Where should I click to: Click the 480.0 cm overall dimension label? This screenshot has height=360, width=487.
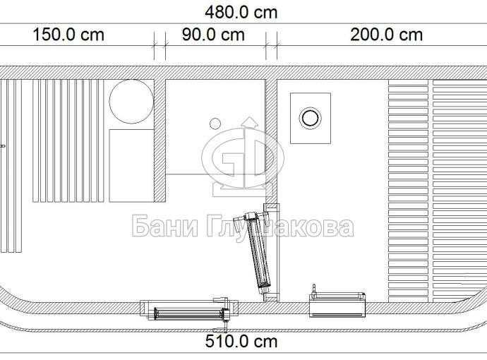click(241, 13)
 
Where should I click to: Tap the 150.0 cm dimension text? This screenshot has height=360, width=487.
click(68, 35)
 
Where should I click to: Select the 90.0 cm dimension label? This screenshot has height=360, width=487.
click(213, 35)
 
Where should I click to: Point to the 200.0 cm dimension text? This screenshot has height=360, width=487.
click(386, 35)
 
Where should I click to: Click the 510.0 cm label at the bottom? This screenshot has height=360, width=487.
click(241, 342)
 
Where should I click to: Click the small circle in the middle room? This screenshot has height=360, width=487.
click(215, 124)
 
